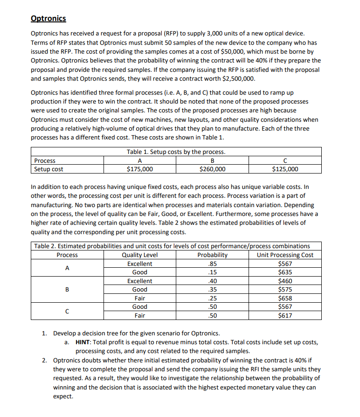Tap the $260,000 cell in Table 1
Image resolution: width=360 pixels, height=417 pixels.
coord(212,169)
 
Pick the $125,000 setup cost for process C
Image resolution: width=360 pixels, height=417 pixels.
coord(285,169)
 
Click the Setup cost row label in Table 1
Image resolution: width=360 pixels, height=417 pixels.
coord(49,169)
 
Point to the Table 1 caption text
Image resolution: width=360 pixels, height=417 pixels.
coord(176,152)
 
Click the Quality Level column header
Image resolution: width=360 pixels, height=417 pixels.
coord(139,255)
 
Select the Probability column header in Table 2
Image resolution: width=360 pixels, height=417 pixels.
coord(212,255)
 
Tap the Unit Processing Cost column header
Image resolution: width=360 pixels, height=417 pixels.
coord(285,255)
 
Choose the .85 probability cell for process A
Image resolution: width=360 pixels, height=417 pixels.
coord(212,264)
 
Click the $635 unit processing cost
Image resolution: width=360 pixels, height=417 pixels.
coord(285,272)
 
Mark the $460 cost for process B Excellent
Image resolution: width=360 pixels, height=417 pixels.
coord(285,281)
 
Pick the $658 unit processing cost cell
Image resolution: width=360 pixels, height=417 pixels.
coord(285,298)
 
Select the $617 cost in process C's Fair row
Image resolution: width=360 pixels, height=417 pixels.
coord(285,315)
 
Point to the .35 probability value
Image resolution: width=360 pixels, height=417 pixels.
coord(212,289)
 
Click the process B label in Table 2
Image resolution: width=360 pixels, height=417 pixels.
coord(67,289)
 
